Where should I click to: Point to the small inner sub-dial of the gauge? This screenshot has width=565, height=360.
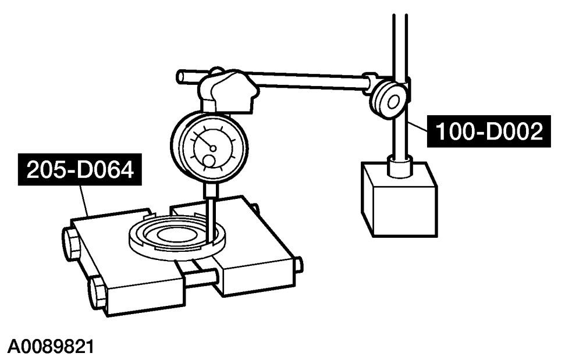click(208, 162)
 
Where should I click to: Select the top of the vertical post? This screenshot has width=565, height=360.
click(400, 17)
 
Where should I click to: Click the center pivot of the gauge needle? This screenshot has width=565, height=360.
click(214, 148)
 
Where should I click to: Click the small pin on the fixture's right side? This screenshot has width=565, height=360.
click(298, 265)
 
